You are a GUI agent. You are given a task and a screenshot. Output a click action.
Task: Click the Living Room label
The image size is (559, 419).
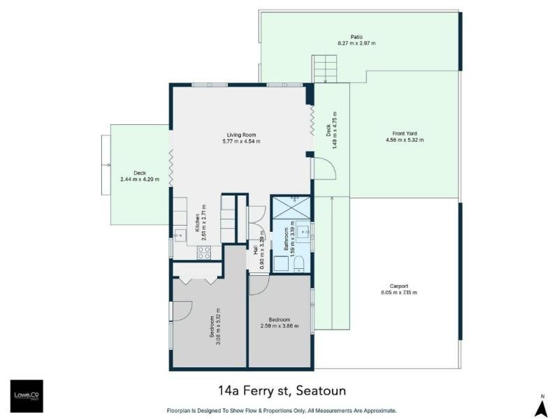coord(241,135)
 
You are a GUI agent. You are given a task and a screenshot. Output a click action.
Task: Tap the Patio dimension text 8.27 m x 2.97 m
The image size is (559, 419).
coord(356,43)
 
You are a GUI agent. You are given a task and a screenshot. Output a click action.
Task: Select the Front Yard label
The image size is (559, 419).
coord(405,133)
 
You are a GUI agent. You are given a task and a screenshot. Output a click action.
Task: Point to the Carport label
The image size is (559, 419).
coord(399,286)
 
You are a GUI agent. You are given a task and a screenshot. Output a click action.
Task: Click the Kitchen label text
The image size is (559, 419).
coord(198,223)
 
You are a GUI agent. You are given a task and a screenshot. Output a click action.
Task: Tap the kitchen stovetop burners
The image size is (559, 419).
coord(204,253)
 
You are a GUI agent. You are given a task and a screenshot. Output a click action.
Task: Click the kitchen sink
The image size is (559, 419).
coord(180,235)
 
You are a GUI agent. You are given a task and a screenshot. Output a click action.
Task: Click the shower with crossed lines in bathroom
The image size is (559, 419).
coord(291,207)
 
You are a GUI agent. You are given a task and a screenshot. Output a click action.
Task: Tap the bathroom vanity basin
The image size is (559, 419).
coord(303,233)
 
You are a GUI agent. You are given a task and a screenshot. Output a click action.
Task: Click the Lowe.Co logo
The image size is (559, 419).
coord(27,396)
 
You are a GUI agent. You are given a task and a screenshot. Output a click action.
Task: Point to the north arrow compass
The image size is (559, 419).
coord(543,406)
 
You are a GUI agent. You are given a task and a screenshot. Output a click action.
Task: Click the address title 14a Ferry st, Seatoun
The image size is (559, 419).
coord(282,390)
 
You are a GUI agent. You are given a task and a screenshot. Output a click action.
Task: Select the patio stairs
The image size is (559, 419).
coord(324,68)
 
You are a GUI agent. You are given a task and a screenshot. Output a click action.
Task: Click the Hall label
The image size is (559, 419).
coord(256,251)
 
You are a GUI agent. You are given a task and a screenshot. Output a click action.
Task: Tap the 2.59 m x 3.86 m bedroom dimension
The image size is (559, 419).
coord(279,326)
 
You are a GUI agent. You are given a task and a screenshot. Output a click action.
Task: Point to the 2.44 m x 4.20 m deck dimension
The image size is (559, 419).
coord(140,179)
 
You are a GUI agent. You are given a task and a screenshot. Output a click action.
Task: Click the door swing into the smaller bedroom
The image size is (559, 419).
coord(259,285)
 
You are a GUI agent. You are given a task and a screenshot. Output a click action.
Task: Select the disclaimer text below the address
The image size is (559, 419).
coord(282,411)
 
